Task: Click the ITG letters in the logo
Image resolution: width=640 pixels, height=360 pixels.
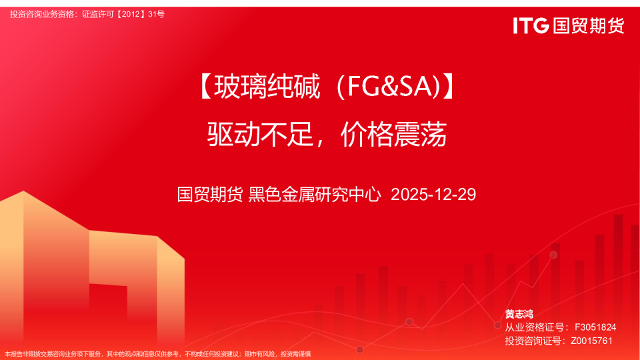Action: pos(531,26)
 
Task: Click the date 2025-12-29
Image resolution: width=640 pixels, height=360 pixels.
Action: pos(433,195)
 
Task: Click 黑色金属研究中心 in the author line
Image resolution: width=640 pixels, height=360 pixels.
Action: pos(315,195)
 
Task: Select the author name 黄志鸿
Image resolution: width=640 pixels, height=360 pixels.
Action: pos(519,314)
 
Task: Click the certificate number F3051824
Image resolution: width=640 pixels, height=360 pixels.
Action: pos(595,327)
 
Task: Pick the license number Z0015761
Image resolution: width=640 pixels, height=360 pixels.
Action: pos(591,341)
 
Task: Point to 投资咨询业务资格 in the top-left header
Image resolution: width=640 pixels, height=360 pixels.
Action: pos(42,14)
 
